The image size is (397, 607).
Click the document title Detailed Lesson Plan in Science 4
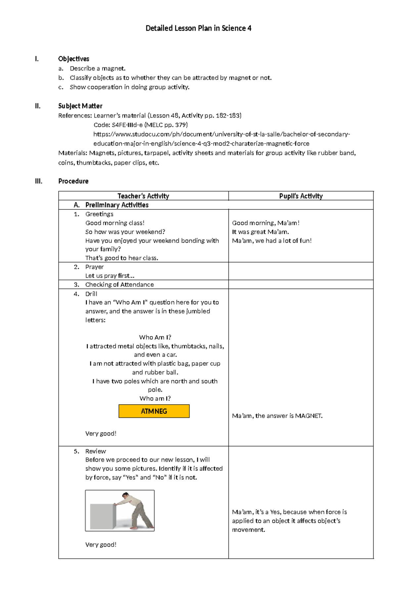198,28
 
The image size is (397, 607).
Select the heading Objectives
73,59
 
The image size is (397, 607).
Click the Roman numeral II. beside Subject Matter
38,106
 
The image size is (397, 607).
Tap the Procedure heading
73,181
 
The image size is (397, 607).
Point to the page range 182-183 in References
228,116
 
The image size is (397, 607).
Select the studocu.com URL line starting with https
221,134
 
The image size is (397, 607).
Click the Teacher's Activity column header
143,196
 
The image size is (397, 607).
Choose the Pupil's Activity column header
301,196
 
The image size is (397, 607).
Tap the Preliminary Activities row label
116,205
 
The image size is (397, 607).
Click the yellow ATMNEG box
154,411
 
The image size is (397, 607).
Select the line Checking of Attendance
119,285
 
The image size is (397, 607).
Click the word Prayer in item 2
94,267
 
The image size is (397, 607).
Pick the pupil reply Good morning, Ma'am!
265,223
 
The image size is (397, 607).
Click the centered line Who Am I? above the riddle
155,337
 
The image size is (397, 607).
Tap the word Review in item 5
95,452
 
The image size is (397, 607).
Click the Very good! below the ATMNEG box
101,434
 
